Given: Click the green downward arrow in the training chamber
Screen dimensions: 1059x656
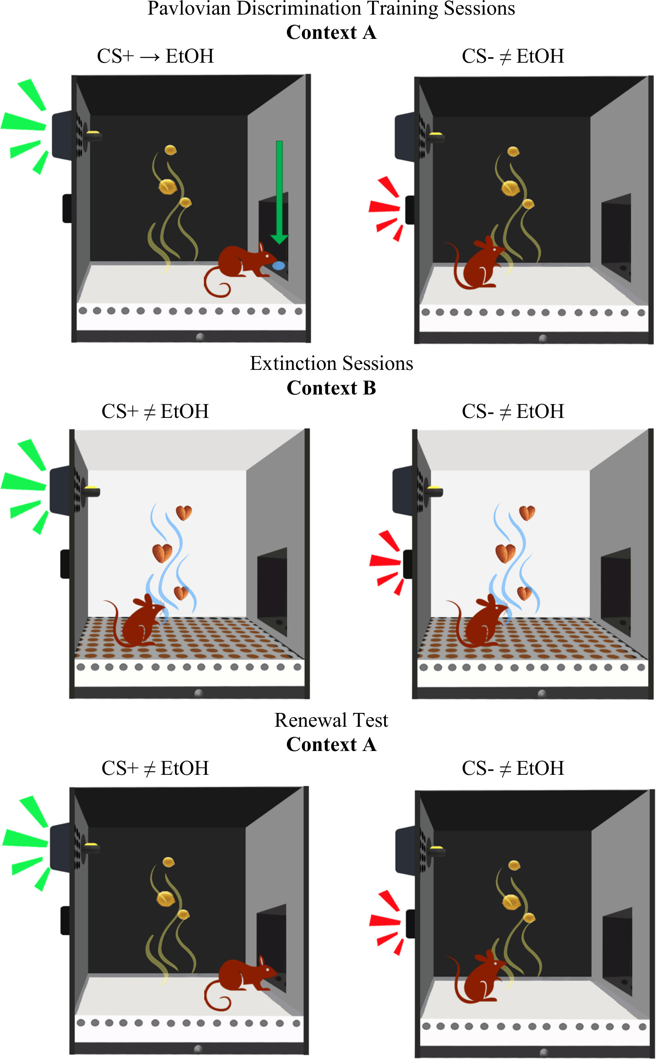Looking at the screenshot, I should pyautogui.click(x=279, y=191).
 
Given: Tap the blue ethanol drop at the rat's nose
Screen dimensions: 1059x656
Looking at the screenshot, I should pyautogui.click(x=279, y=265).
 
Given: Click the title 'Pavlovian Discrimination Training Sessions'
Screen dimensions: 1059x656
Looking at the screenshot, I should pyautogui.click(x=331, y=9).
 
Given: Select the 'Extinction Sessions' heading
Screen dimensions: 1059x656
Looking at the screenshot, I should pyautogui.click(x=331, y=364).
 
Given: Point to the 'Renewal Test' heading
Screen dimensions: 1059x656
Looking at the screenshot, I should pyautogui.click(x=331, y=720).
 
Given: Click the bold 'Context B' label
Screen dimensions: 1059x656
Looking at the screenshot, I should pyautogui.click(x=331, y=388).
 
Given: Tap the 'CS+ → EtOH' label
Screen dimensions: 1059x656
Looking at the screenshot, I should pyautogui.click(x=155, y=56).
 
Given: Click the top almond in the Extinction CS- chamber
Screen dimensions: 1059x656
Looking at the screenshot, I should pyautogui.click(x=527, y=513).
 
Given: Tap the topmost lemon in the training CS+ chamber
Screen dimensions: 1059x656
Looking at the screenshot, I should pyautogui.click(x=170, y=150).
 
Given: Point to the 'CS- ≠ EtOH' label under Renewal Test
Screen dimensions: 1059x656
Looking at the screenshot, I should pyautogui.click(x=513, y=768).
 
